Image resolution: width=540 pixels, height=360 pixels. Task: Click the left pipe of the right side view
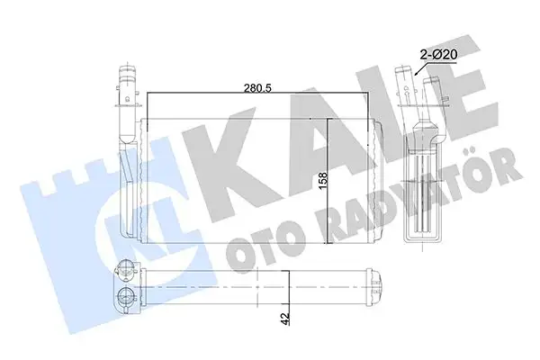[x=406, y=85]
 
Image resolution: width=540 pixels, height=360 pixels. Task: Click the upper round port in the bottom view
[x=123, y=267]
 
